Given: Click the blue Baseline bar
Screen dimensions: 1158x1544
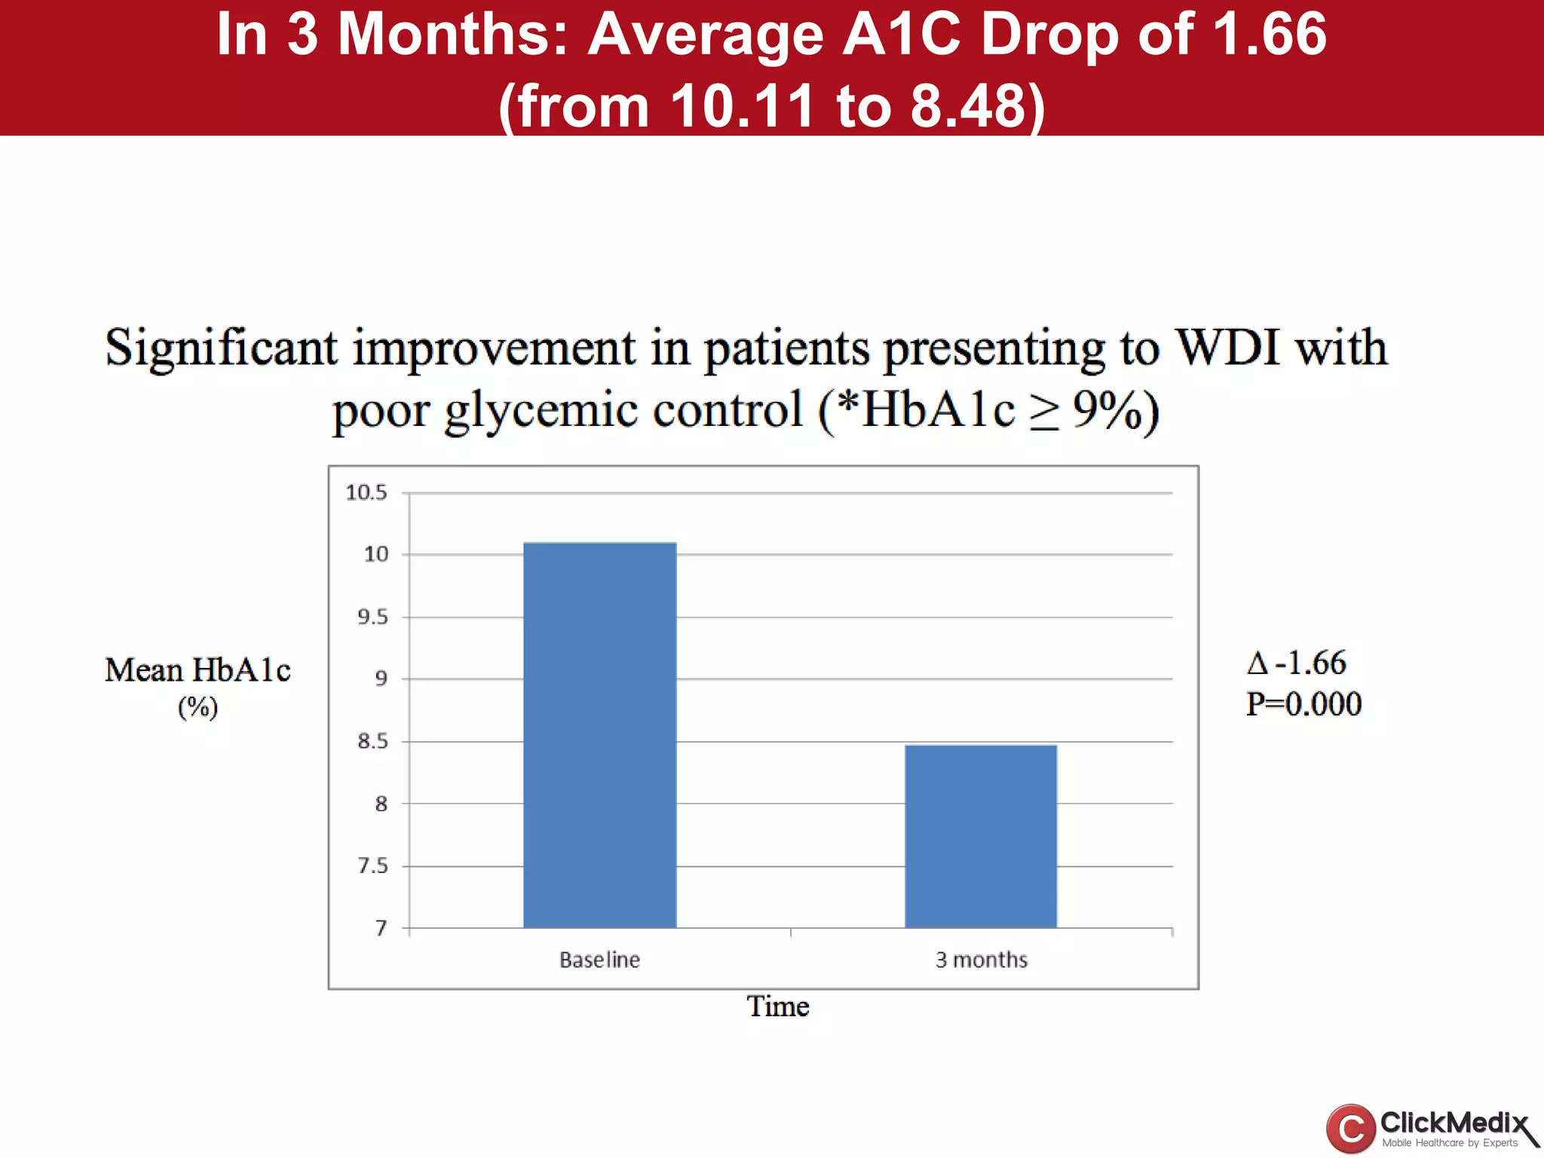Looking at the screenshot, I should click(x=599, y=735).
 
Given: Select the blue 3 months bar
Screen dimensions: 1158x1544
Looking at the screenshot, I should click(x=981, y=836).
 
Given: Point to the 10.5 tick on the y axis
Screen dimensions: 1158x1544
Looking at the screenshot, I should click(x=366, y=493).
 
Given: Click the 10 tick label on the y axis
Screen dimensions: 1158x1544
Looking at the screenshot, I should click(x=376, y=555).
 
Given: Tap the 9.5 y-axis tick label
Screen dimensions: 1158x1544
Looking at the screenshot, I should click(x=372, y=617).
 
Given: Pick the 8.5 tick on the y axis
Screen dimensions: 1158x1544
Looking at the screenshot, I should click(x=372, y=742).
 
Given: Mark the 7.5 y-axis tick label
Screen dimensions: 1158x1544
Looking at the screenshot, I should click(x=372, y=866).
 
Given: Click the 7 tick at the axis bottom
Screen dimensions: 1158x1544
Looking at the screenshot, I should click(x=381, y=928).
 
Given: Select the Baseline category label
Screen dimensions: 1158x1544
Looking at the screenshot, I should click(x=599, y=960).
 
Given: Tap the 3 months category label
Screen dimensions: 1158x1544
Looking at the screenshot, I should click(x=981, y=960).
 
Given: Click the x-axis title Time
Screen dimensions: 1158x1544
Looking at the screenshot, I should click(x=777, y=1006).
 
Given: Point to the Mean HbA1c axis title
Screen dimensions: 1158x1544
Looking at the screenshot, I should click(x=198, y=670).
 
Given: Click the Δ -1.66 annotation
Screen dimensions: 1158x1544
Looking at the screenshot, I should click(x=1296, y=663).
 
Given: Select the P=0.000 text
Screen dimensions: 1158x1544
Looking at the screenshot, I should click(x=1304, y=704).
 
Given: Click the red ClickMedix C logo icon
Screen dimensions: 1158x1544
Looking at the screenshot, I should click(x=1350, y=1129).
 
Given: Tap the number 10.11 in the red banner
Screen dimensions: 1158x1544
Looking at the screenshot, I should click(x=743, y=106).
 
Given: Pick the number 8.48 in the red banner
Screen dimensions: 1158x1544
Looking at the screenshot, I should click(x=968, y=106).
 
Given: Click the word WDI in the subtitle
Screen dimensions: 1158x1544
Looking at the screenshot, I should click(x=1228, y=348).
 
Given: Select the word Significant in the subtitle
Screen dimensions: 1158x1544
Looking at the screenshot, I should click(x=221, y=348).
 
